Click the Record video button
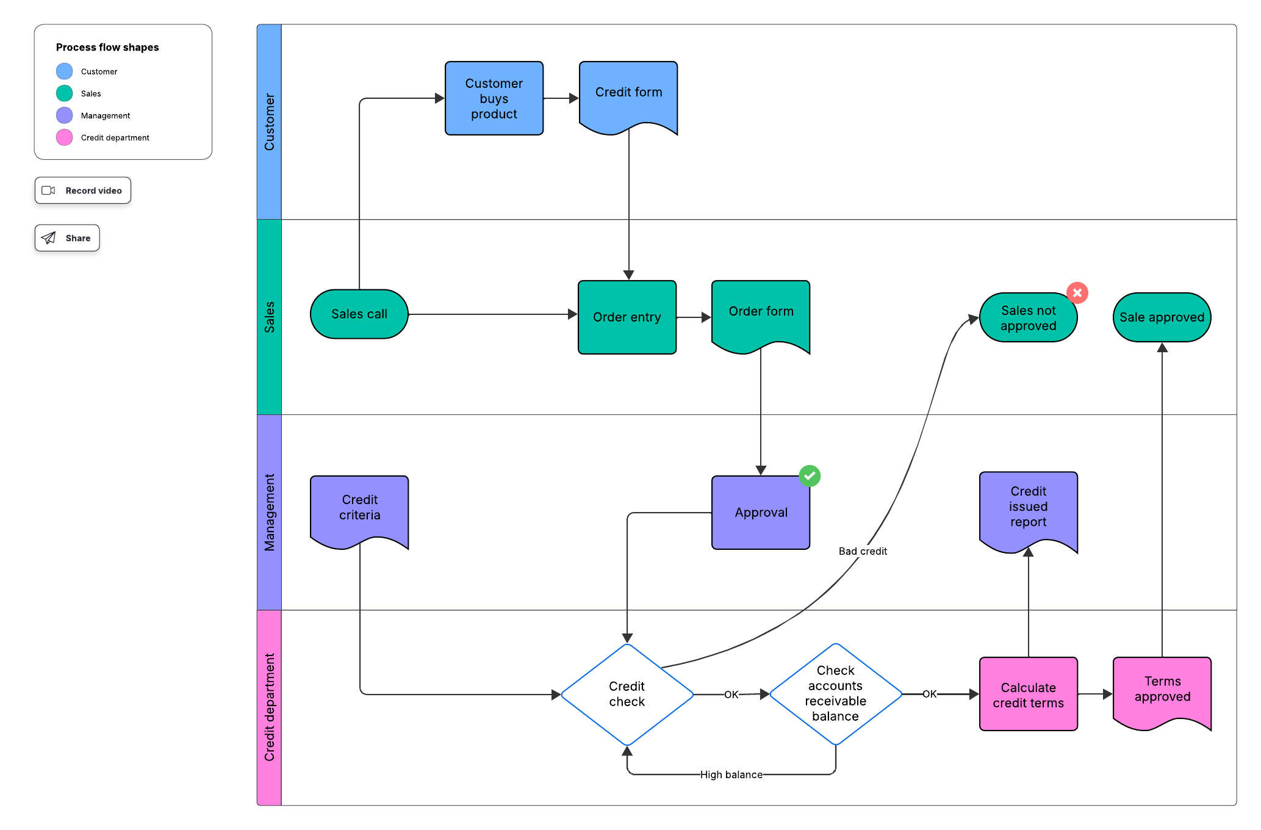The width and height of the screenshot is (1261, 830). coord(83,190)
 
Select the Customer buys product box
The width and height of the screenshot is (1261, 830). coord(494,98)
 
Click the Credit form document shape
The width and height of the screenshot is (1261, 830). coord(628,95)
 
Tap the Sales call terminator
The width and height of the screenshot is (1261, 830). coord(359,314)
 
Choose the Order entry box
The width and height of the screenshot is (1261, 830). coord(627,317)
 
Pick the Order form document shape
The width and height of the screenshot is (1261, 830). coord(761,314)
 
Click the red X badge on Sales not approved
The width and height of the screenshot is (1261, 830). coord(1077,293)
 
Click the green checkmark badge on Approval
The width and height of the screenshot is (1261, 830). coord(810,475)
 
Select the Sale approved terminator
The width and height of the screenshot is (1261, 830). coord(1162,317)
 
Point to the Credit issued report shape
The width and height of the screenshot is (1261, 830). coord(1028,508)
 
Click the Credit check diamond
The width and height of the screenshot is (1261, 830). coord(627,695)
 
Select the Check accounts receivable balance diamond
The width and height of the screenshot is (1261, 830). coord(835,694)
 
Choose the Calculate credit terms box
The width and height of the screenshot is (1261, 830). coord(1028,695)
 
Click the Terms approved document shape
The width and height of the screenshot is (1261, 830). coord(1162,690)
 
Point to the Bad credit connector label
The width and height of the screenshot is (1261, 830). coord(863,551)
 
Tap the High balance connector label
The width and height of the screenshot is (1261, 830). coord(731,774)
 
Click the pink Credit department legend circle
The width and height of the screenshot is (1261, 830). coord(65,137)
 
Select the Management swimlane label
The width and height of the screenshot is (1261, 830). coord(269,512)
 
